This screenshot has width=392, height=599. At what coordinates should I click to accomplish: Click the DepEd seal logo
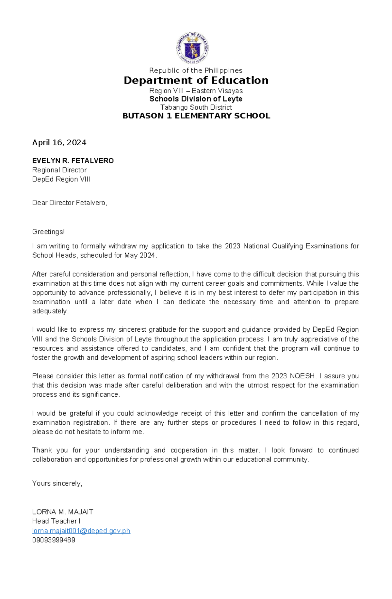point(192,48)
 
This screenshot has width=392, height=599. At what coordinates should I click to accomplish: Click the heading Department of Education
point(196,80)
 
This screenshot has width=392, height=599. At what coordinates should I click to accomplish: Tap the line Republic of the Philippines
point(196,71)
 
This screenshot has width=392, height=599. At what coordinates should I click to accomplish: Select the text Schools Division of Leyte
point(196,99)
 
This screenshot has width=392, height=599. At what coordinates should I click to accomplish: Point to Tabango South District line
point(196,107)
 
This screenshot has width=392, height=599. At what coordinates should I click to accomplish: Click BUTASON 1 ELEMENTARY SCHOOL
point(196,116)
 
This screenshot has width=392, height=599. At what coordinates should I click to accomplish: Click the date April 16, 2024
point(59,143)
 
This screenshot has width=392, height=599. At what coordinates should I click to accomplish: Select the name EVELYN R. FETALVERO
point(73,161)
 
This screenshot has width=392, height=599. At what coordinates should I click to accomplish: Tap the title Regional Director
point(59,170)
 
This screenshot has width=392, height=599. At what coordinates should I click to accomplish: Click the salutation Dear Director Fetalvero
point(70,203)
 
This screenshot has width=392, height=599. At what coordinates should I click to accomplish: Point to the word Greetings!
point(48,232)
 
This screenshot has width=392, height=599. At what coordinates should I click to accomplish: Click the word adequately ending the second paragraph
point(50,311)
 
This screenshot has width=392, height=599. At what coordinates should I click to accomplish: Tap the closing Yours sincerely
point(57,483)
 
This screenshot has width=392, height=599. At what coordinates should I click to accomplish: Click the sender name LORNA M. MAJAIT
point(63,512)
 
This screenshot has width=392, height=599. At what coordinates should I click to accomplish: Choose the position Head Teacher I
point(56,521)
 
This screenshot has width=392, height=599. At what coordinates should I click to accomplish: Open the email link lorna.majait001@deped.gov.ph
point(81,531)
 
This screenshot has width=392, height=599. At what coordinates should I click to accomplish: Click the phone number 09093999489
point(54,540)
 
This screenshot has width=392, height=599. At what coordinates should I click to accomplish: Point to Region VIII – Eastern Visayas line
point(196,91)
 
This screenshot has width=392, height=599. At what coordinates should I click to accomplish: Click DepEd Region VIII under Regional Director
point(61,179)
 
